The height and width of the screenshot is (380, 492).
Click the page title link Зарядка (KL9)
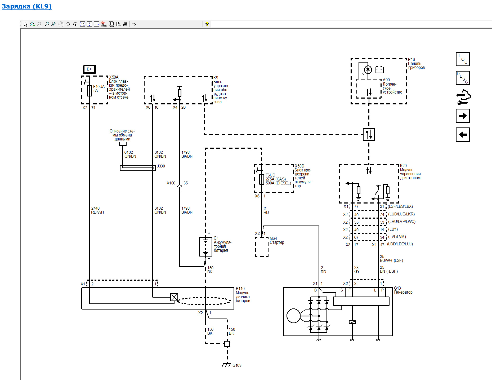pyautogui.click(x=26, y=6)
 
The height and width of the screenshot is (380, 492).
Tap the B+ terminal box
pyautogui.click(x=89, y=69)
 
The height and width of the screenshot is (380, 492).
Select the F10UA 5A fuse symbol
pyautogui.click(x=89, y=91)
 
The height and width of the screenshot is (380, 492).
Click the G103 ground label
pyautogui.click(x=237, y=365)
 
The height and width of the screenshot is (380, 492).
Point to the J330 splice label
pyautogui.click(x=161, y=166)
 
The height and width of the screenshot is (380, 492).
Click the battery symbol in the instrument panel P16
pyautogui.click(x=379, y=69)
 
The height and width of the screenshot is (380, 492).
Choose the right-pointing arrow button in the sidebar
pyautogui.click(x=463, y=116)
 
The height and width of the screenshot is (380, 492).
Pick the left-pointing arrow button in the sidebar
pyautogui.click(x=463, y=135)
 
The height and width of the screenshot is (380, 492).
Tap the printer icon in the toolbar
pyautogui.click(x=125, y=24)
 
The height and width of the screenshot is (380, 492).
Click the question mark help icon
pyautogui.click(x=207, y=24)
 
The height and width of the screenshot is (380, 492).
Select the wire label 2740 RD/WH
pyautogui.click(x=97, y=210)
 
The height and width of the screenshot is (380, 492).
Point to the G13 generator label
pyautogui.click(x=403, y=290)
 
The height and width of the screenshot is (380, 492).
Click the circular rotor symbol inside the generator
pyautogui.click(x=293, y=316)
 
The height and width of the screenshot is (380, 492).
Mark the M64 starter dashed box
pyautogui.click(x=262, y=247)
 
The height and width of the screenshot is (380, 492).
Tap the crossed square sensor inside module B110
pyautogui.click(x=174, y=297)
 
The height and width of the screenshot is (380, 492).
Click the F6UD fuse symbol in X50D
pyautogui.click(x=262, y=179)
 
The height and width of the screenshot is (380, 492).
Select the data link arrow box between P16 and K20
pyautogui.click(x=369, y=134)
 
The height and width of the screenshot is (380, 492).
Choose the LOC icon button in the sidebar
pyautogui.click(x=463, y=59)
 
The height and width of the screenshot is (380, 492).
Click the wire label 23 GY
pyautogui.click(x=357, y=269)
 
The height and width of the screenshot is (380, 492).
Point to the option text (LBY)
pyautogui.click(x=393, y=229)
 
